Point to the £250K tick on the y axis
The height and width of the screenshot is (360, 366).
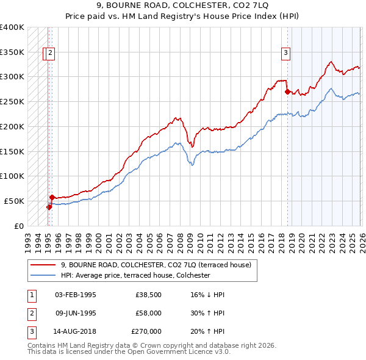tap(12, 101)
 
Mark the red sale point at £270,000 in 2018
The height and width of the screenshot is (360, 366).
tap(287, 92)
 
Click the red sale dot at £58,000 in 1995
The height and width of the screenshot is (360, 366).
tap(52, 197)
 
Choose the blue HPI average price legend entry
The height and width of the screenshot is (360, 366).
tap(135, 276)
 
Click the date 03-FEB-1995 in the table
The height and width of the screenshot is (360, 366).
tap(76, 295)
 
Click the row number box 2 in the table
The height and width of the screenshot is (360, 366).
tap(31, 313)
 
